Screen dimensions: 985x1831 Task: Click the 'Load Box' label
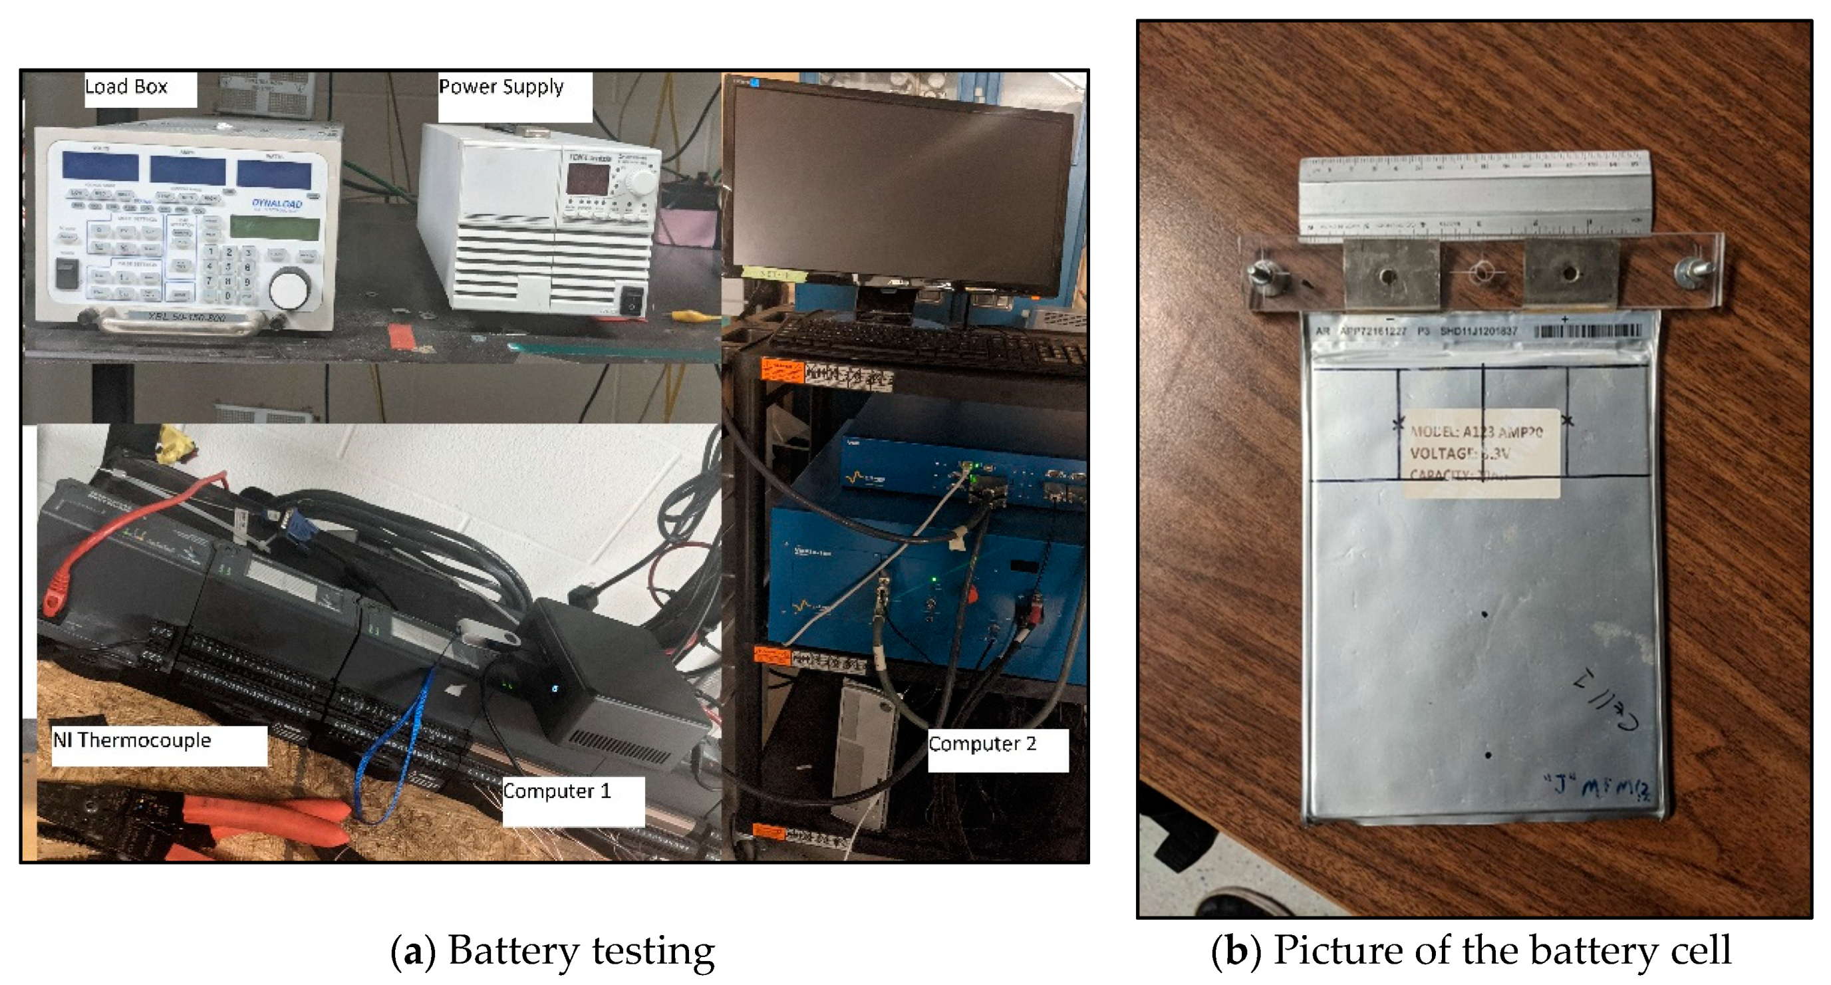126,87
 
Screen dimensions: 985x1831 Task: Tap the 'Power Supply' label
501,87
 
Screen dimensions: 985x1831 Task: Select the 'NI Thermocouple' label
132,740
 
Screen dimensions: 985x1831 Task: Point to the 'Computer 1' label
557,791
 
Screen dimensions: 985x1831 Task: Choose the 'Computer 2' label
982,744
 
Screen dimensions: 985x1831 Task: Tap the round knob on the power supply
642,183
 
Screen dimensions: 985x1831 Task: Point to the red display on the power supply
587,178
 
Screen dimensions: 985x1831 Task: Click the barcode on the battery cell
1589,331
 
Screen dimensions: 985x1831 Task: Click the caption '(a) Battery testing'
553,951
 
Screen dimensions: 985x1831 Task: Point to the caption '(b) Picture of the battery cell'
1471,951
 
